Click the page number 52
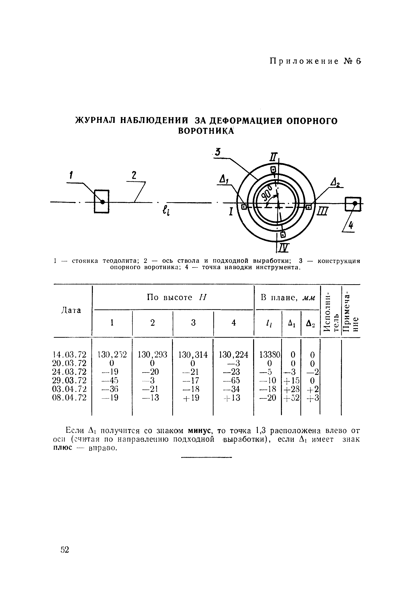pos(65,550)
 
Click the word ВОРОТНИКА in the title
pos(206,131)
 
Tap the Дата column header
pos(71,311)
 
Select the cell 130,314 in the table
pos(193,355)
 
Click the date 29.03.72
pos(70,380)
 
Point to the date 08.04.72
pos(70,398)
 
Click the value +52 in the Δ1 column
pos(292,398)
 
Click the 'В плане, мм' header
pos(287,297)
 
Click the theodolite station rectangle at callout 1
pos(102,201)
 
